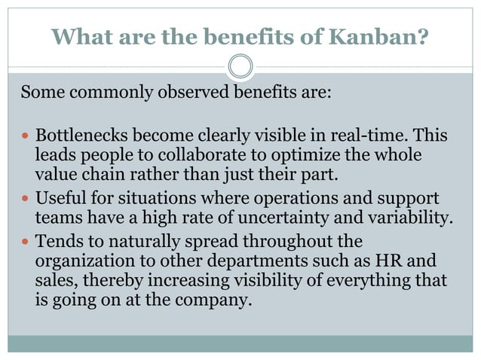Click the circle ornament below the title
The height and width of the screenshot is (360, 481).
point(240,66)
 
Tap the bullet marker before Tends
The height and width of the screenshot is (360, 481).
point(25,243)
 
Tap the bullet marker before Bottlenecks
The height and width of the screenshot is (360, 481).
point(25,137)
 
